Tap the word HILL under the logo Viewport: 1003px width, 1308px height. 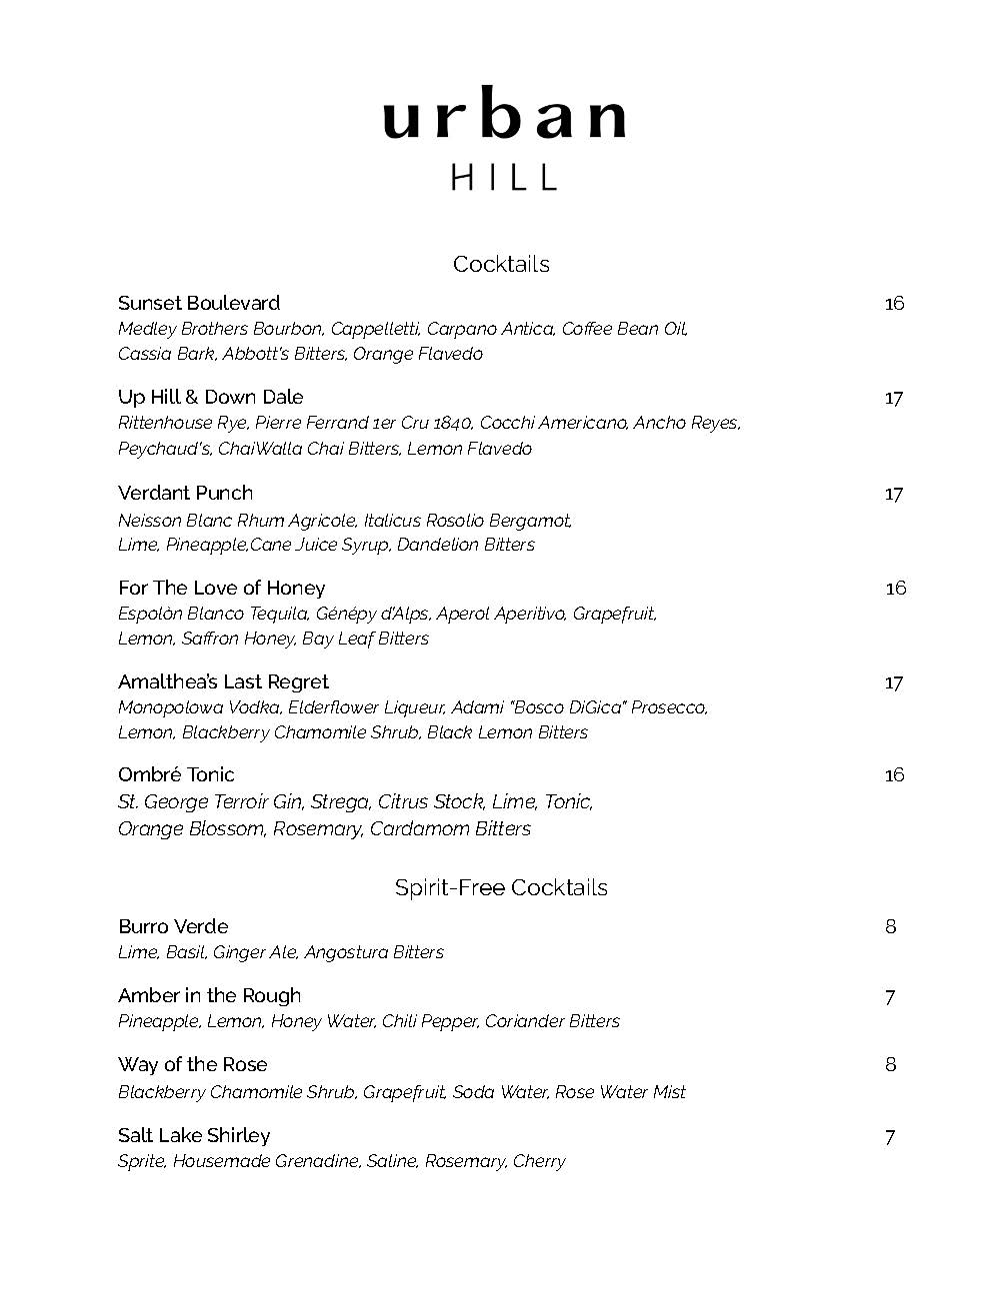click(503, 178)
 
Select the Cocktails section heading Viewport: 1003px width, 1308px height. click(501, 264)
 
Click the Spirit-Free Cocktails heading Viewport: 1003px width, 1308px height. click(501, 887)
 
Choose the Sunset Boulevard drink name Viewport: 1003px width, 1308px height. click(199, 303)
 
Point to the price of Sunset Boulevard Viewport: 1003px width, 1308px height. click(894, 303)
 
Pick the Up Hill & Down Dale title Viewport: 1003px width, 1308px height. click(210, 397)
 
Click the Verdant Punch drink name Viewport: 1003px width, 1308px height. click(185, 493)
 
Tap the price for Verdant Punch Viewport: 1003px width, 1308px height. click(894, 494)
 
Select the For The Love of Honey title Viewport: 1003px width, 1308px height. click(221, 588)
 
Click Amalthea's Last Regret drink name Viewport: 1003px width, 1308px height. click(223, 681)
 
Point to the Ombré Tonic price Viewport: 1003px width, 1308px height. click(894, 774)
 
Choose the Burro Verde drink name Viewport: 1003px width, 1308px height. click(173, 926)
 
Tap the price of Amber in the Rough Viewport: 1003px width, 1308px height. click(890, 996)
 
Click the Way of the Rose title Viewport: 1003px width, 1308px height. click(192, 1064)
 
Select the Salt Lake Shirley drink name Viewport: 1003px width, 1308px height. click(194, 1135)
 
